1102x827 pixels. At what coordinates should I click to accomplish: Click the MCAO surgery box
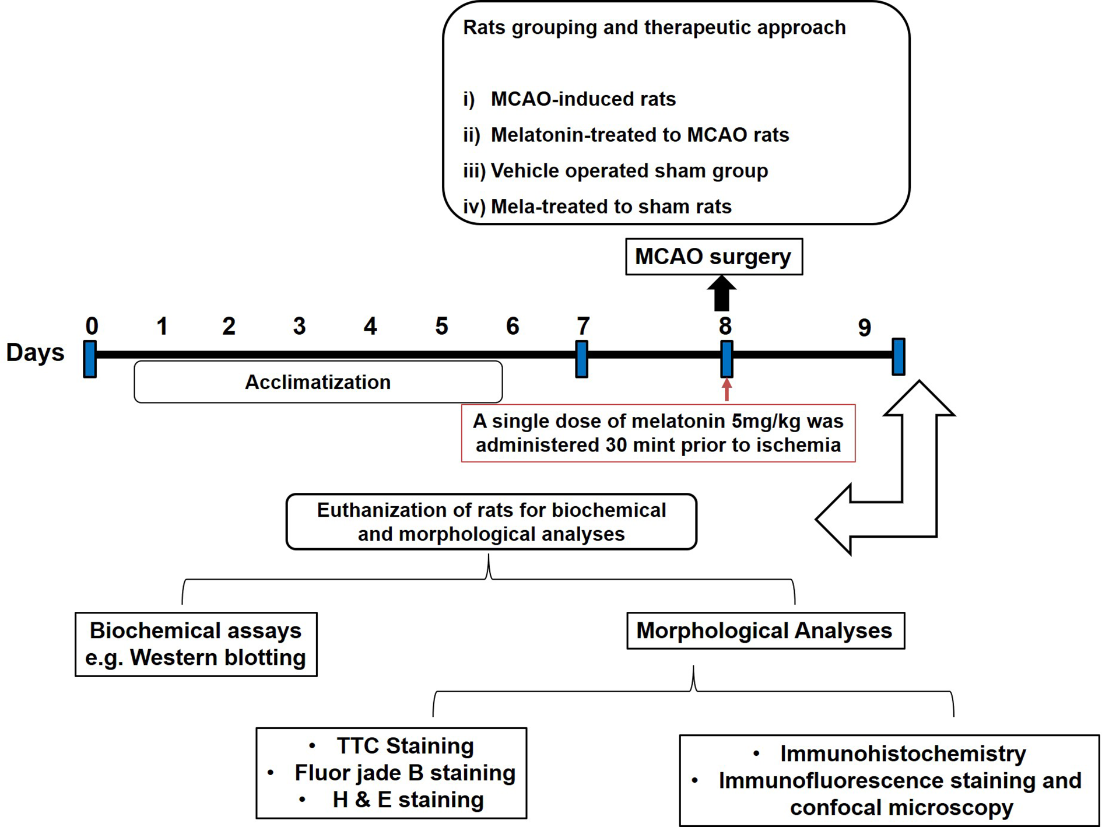pos(713,257)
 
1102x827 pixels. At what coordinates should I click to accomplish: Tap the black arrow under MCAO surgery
pos(721,293)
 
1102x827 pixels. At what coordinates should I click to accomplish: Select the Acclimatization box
pos(318,382)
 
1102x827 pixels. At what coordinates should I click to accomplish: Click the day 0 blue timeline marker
pos(90,359)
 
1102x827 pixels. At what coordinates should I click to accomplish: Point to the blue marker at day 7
pos(581,359)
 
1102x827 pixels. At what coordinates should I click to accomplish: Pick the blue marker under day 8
pos(727,359)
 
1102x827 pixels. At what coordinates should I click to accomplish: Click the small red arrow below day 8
pos(727,390)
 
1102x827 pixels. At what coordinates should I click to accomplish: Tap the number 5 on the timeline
pos(441,327)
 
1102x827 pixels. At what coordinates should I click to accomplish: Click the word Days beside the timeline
pos(35,353)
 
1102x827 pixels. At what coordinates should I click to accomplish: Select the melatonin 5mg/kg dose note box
pos(658,433)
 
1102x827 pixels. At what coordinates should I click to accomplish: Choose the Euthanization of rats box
pos(491,522)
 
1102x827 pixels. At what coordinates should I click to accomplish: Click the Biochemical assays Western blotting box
pos(196,644)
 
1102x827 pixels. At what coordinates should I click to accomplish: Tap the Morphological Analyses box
pos(764,630)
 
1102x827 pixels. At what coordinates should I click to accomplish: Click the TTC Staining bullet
pos(405,746)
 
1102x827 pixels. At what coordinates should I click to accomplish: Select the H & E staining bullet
pos(408,800)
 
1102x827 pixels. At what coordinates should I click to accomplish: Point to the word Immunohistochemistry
pos(903,754)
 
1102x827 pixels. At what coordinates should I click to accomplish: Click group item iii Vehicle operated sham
pos(629,171)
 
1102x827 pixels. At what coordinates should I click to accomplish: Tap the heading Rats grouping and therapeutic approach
pos(654,27)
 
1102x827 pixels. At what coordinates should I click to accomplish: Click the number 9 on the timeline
pos(864,328)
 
